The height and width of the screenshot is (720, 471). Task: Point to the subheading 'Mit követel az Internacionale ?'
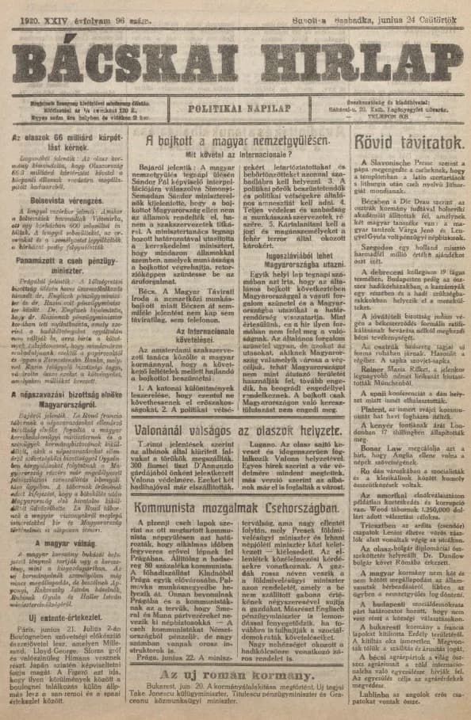click(235, 154)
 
